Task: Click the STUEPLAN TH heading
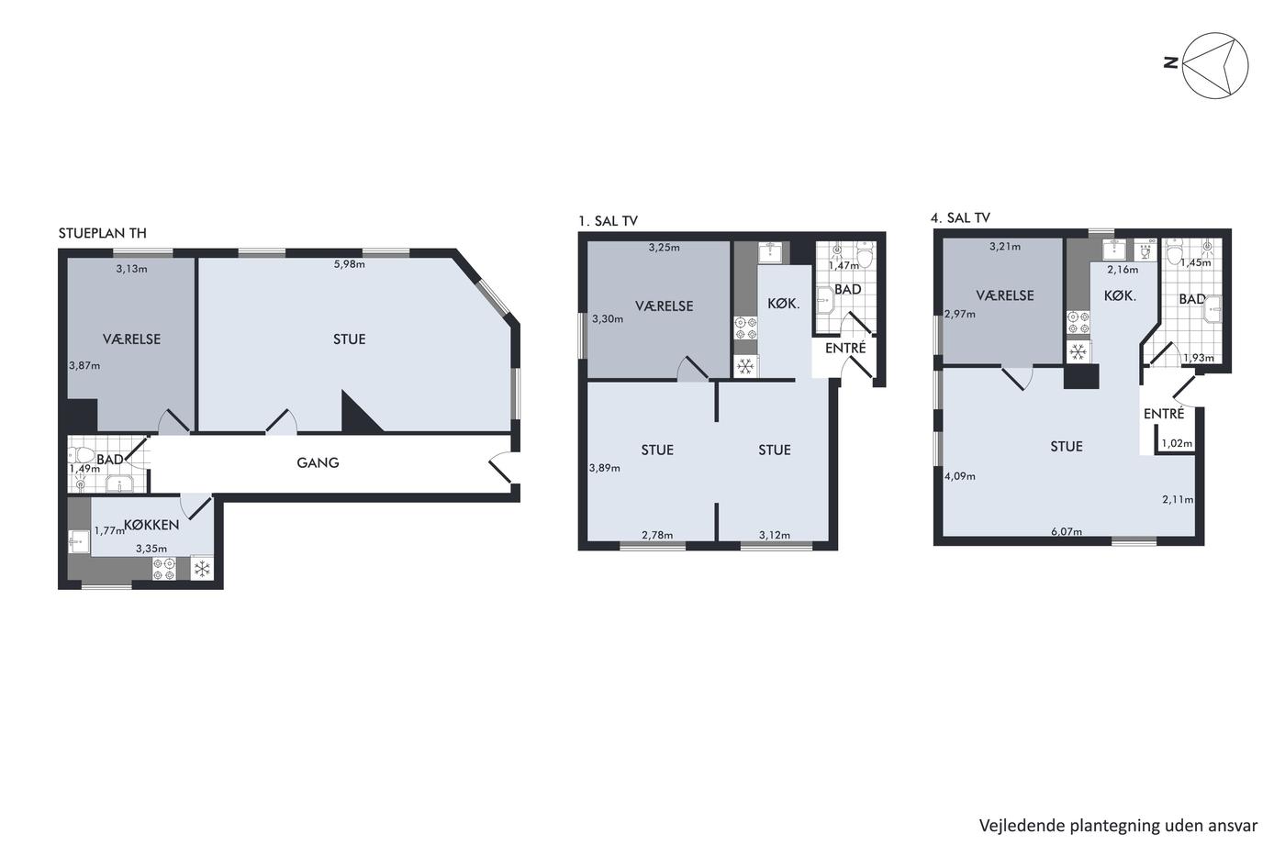pyautogui.click(x=102, y=233)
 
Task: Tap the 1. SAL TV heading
pyautogui.click(x=608, y=221)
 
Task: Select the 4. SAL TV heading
pyautogui.click(x=960, y=217)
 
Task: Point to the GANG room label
pyautogui.click(x=318, y=462)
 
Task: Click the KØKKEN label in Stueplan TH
pyautogui.click(x=151, y=525)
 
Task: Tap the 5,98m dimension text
pyautogui.click(x=350, y=264)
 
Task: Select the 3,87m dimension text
pyautogui.click(x=84, y=365)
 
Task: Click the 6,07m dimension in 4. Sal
pyautogui.click(x=1067, y=531)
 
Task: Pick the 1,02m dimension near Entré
pyautogui.click(x=1177, y=443)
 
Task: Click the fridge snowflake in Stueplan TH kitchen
pyautogui.click(x=202, y=569)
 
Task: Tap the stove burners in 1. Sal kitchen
pyautogui.click(x=745, y=328)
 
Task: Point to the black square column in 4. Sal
pyautogui.click(x=1081, y=377)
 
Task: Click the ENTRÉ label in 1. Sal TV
pyautogui.click(x=845, y=348)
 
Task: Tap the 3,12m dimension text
pyautogui.click(x=775, y=535)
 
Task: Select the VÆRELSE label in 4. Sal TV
pyautogui.click(x=1005, y=295)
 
